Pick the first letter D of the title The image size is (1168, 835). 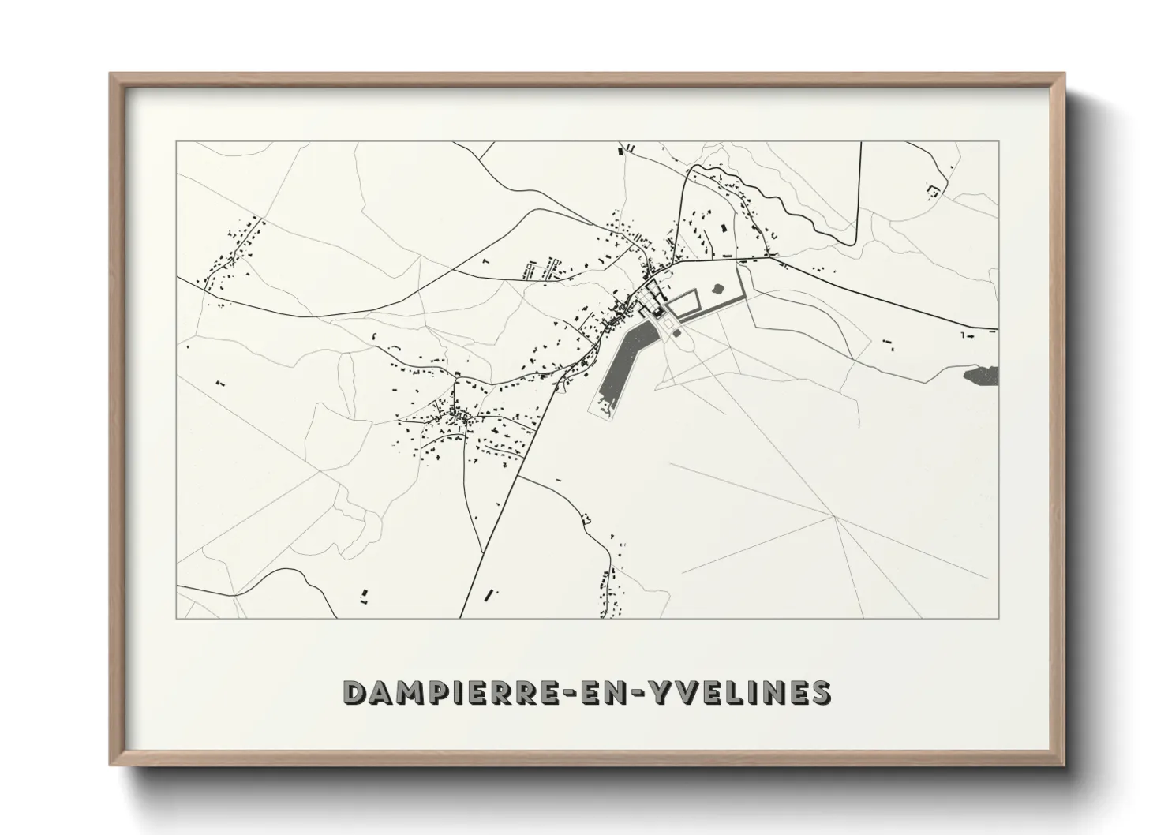(354, 692)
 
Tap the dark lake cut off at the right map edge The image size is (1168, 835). (982, 375)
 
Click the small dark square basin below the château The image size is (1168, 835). (677, 334)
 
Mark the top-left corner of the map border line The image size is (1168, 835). (176, 142)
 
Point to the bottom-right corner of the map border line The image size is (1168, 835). (998, 618)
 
